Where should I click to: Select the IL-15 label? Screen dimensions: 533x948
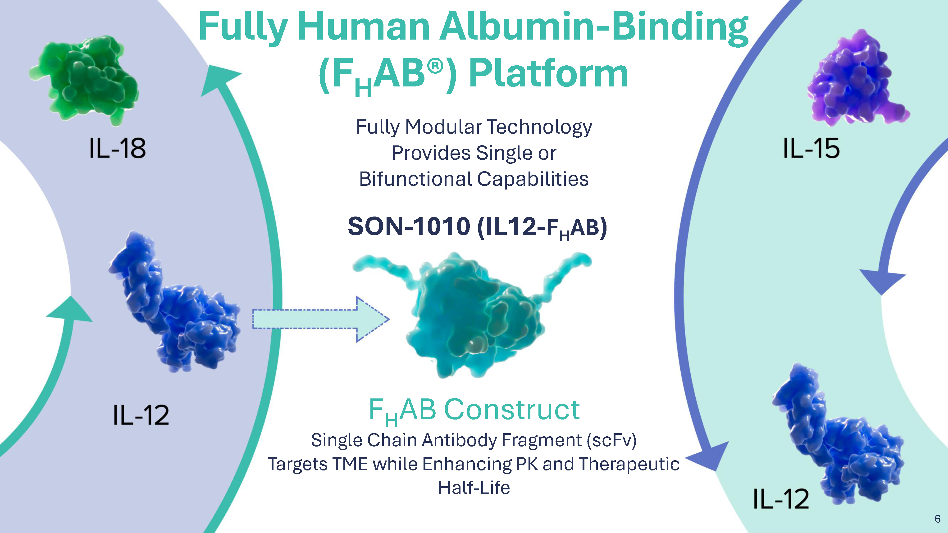point(811,148)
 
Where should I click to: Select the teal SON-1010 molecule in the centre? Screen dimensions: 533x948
point(475,316)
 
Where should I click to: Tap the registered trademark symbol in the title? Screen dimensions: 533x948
point(435,67)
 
